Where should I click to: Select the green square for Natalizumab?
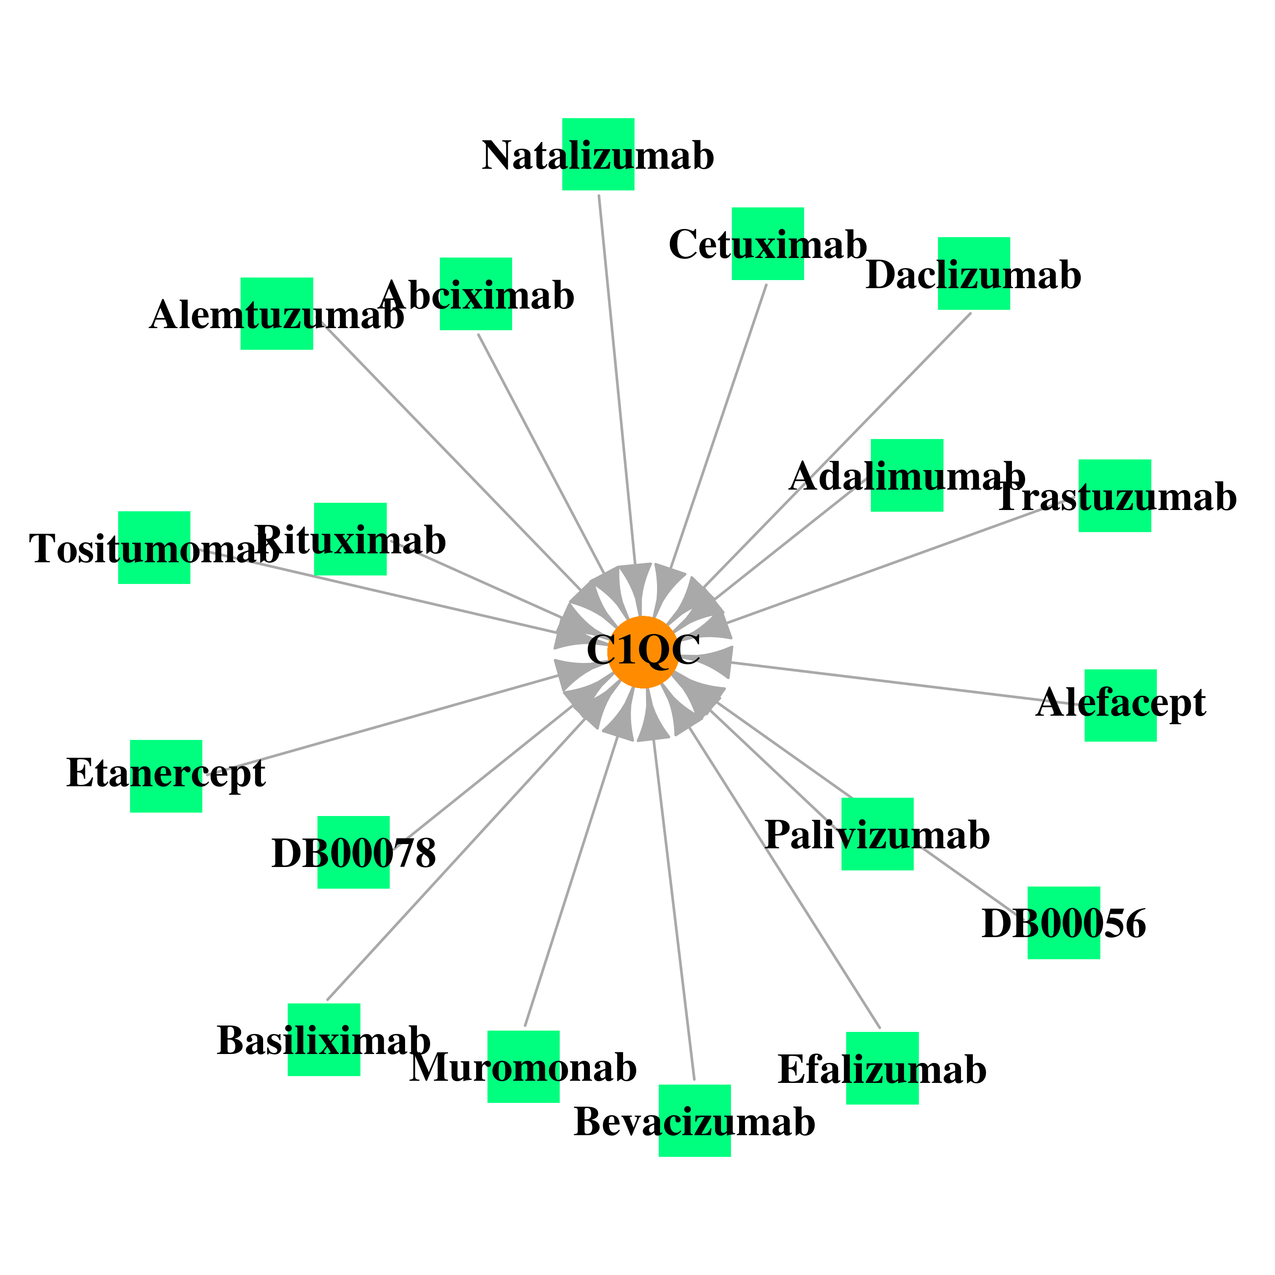point(598,154)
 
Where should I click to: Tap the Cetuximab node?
point(768,244)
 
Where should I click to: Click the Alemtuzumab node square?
point(277,314)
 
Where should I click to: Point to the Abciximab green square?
point(476,294)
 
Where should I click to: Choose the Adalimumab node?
point(907,475)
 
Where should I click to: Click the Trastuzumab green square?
point(1115,496)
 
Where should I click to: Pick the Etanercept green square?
point(166,776)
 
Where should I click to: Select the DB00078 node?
point(353,853)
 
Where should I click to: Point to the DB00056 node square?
point(1064,923)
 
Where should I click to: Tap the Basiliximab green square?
point(323,1040)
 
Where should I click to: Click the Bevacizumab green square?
point(694,1121)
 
